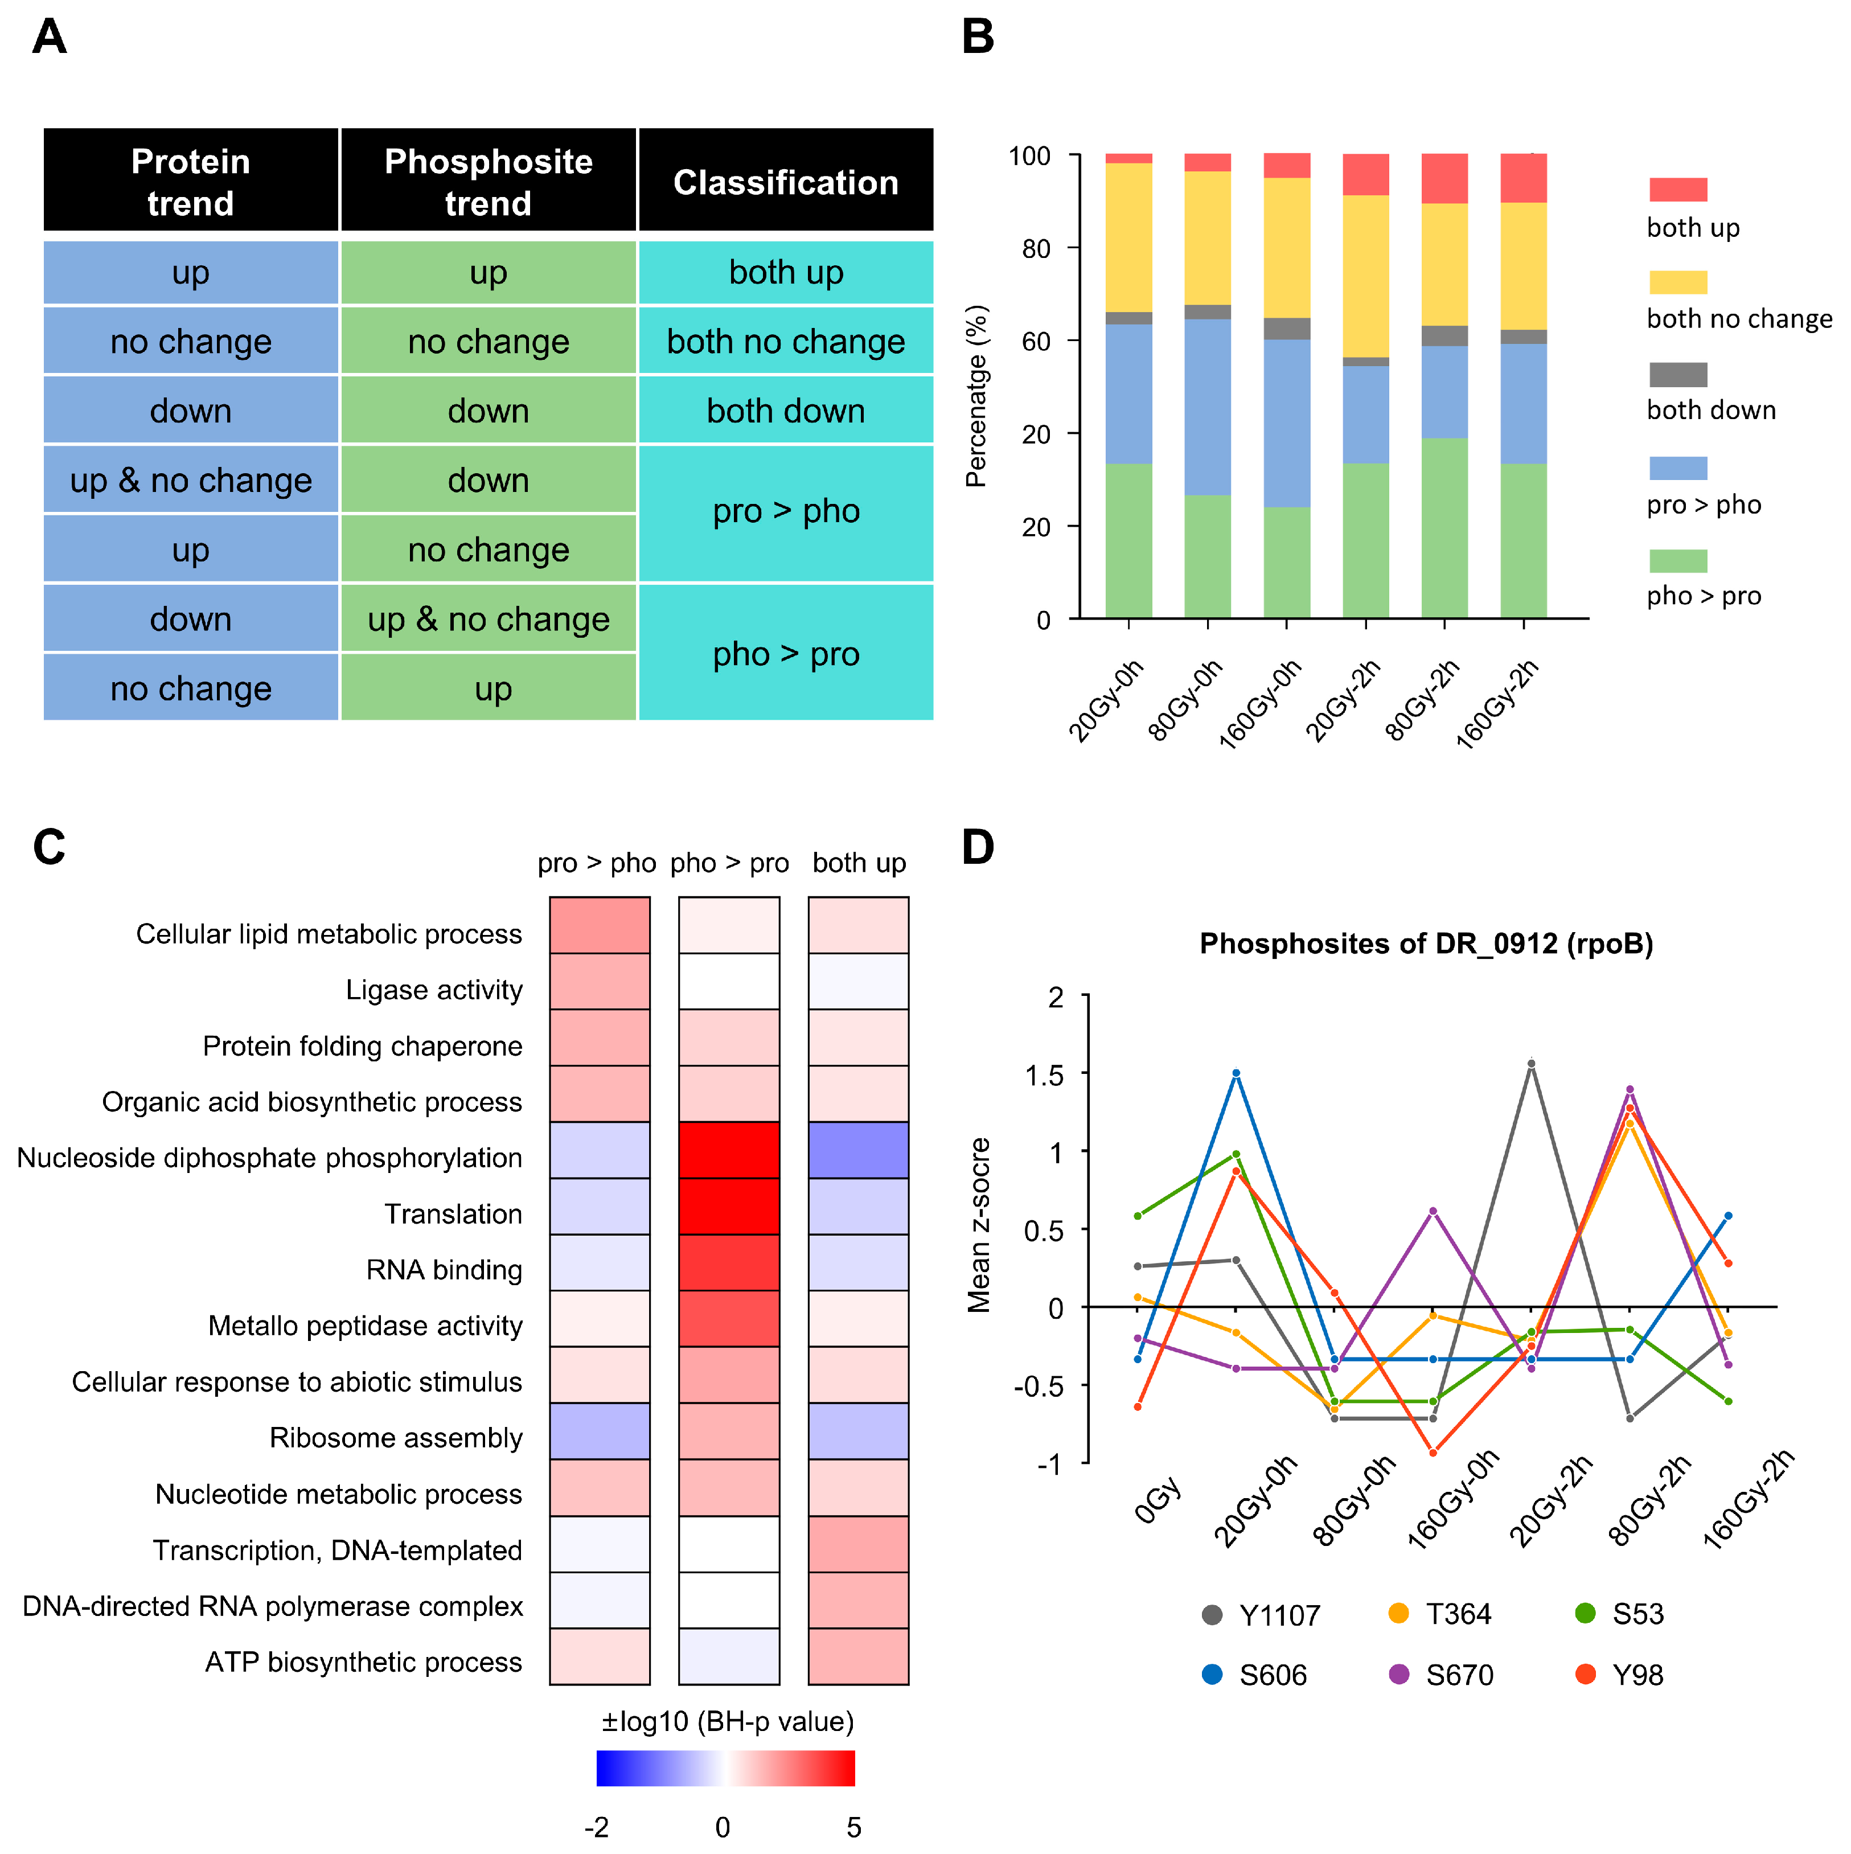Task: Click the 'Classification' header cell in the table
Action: coord(785,182)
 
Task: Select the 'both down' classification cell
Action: coord(785,411)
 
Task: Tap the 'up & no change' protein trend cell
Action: coord(191,480)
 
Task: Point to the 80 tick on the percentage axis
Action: coord(1036,248)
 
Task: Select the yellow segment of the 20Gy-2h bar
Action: coord(1365,276)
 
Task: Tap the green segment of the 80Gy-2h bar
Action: coord(1444,528)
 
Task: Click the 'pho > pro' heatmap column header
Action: coord(729,863)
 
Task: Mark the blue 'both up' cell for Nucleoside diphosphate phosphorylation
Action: coord(858,1150)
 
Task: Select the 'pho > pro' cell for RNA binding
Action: coord(729,1262)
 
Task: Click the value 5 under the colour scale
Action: coord(853,1826)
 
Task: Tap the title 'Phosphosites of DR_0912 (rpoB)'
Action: coord(1426,944)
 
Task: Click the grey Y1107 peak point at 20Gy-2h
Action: coord(1532,1063)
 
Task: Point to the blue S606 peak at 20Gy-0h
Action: coord(1236,1073)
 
